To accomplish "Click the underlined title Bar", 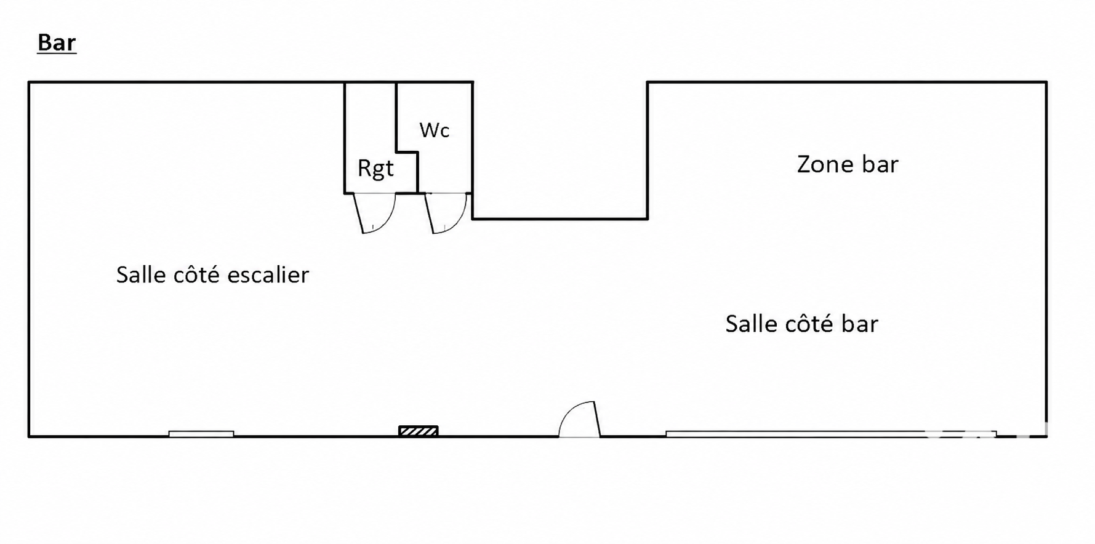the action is click(57, 42).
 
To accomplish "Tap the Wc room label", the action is click(435, 130).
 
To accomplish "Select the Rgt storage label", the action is click(375, 168).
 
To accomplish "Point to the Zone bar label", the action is click(848, 164).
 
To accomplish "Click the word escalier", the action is click(268, 274).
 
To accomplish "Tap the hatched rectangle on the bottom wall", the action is click(419, 431).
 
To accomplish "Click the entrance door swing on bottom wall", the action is click(579, 419).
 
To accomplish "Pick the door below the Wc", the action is click(446, 213).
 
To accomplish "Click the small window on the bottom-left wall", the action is click(201, 434).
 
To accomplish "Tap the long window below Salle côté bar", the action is click(831, 434).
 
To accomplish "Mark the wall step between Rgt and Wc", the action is click(407, 151).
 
